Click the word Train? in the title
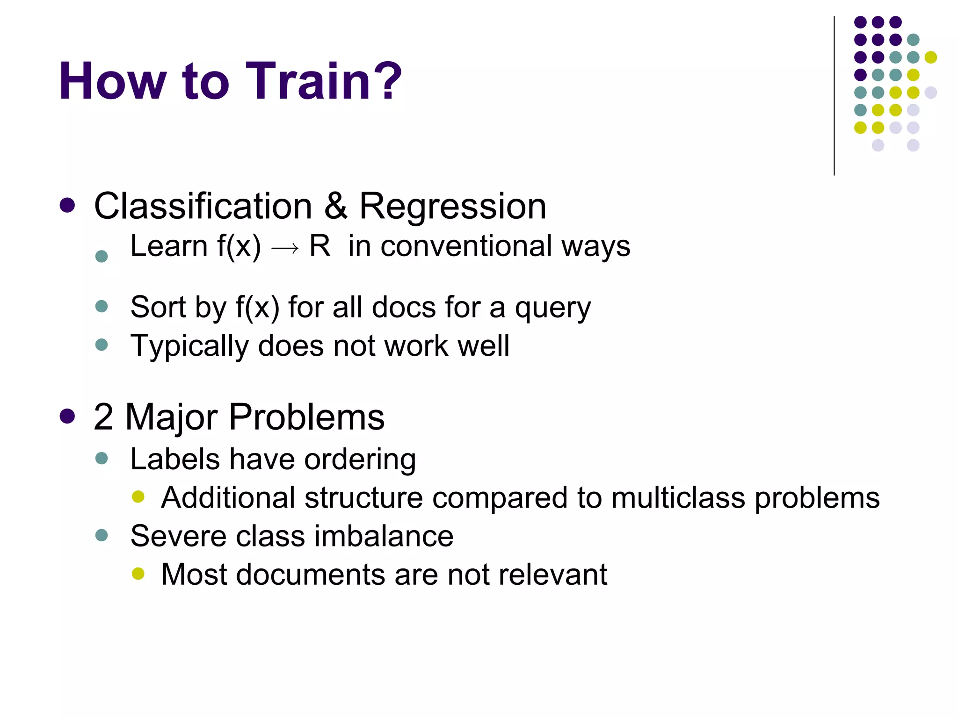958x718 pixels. pos(323,82)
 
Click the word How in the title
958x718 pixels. pos(113,82)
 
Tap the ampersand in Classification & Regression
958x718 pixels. pos(336,206)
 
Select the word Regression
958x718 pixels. pos(452,206)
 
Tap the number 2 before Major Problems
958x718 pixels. pos(103,416)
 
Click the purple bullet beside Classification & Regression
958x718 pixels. pos(68,205)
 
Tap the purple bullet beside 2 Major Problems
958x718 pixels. pos(68,416)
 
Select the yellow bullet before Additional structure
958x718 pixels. pos(138,496)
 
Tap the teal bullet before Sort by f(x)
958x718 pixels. pos(102,307)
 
